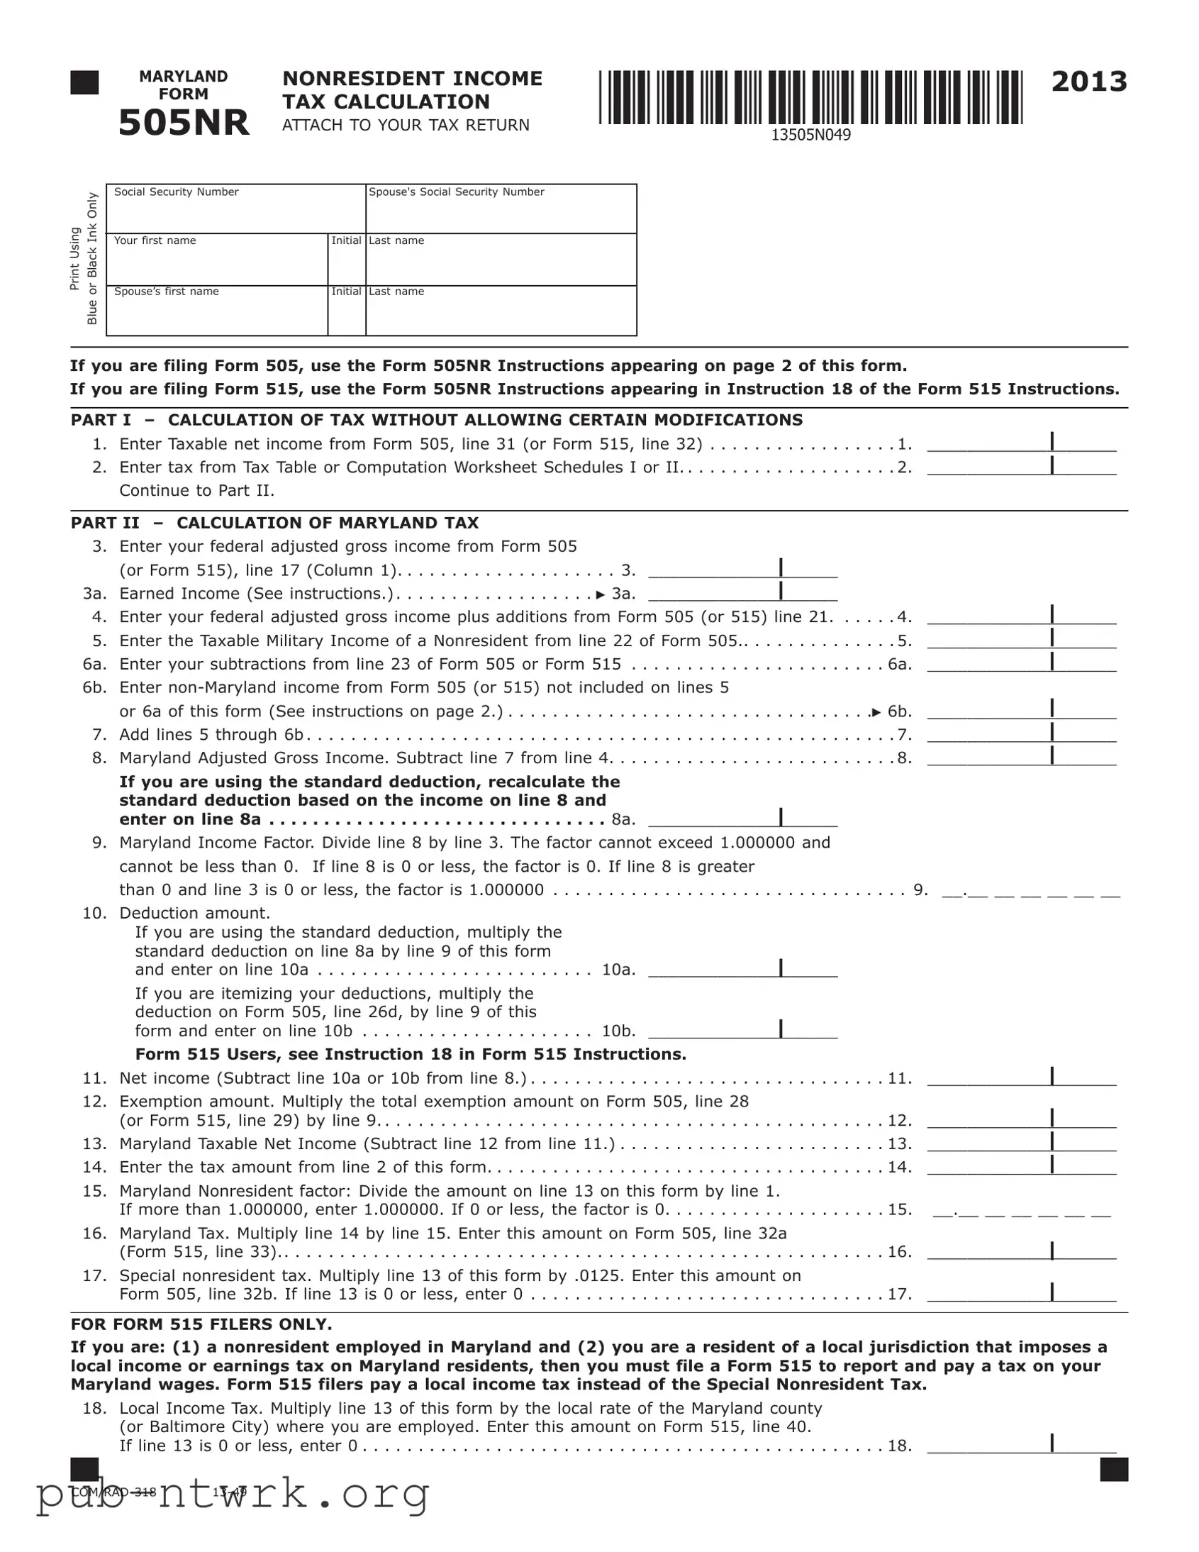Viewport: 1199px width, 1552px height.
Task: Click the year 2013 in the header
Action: pyautogui.click(x=1089, y=82)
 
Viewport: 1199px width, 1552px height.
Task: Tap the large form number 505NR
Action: pyautogui.click(x=183, y=123)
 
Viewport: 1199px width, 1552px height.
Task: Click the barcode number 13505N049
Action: pyautogui.click(x=810, y=135)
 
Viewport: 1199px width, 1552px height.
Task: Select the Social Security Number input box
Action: pyautogui.click(x=236, y=214)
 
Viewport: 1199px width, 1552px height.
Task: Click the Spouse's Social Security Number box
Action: pyautogui.click(x=501, y=214)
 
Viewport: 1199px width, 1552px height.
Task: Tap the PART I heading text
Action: pyautogui.click(x=436, y=420)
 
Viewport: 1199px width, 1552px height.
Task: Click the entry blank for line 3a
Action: pyautogui.click(x=742, y=594)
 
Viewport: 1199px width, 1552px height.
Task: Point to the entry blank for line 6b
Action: pyautogui.click(x=1021, y=711)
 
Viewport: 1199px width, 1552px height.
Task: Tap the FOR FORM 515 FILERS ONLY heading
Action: pyautogui.click(x=201, y=1324)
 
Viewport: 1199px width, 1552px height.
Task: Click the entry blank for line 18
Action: pyautogui.click(x=1021, y=1446)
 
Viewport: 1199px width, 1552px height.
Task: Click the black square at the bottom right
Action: pyautogui.click(x=1113, y=1470)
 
